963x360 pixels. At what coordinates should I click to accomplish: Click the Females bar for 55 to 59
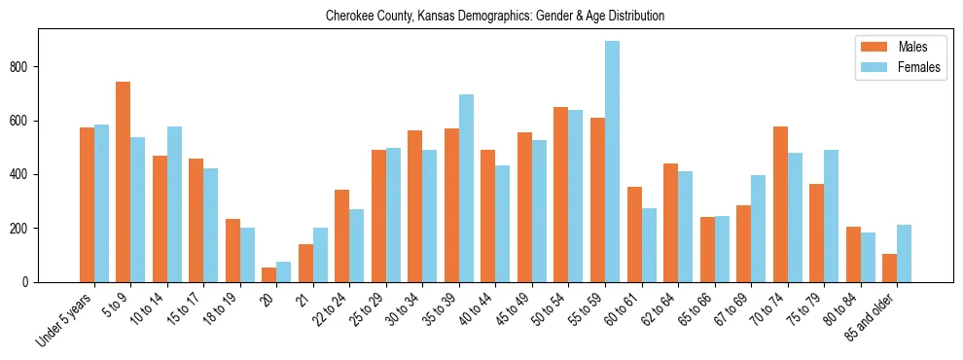tap(612, 162)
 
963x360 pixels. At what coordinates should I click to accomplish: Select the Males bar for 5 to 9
tap(123, 182)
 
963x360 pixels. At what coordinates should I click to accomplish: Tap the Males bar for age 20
tap(268, 274)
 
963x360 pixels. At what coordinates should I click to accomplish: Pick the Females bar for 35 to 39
tap(466, 188)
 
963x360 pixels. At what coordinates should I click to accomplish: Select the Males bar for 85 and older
tap(889, 268)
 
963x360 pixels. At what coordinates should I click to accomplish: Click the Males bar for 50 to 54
tap(560, 195)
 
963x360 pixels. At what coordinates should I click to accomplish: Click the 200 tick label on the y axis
tap(25, 229)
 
